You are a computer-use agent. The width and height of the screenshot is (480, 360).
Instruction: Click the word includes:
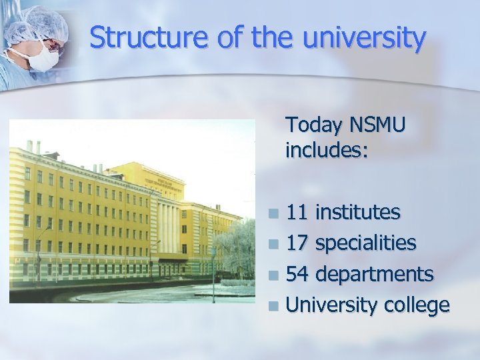327,151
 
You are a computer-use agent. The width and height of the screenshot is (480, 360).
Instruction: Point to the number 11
297,213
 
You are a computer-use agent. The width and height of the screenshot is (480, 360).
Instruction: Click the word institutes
358,213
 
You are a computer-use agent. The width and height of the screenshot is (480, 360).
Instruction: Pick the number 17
297,243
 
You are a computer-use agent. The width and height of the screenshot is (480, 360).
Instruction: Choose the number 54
297,274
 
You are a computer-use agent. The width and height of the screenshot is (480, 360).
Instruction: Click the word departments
375,275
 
